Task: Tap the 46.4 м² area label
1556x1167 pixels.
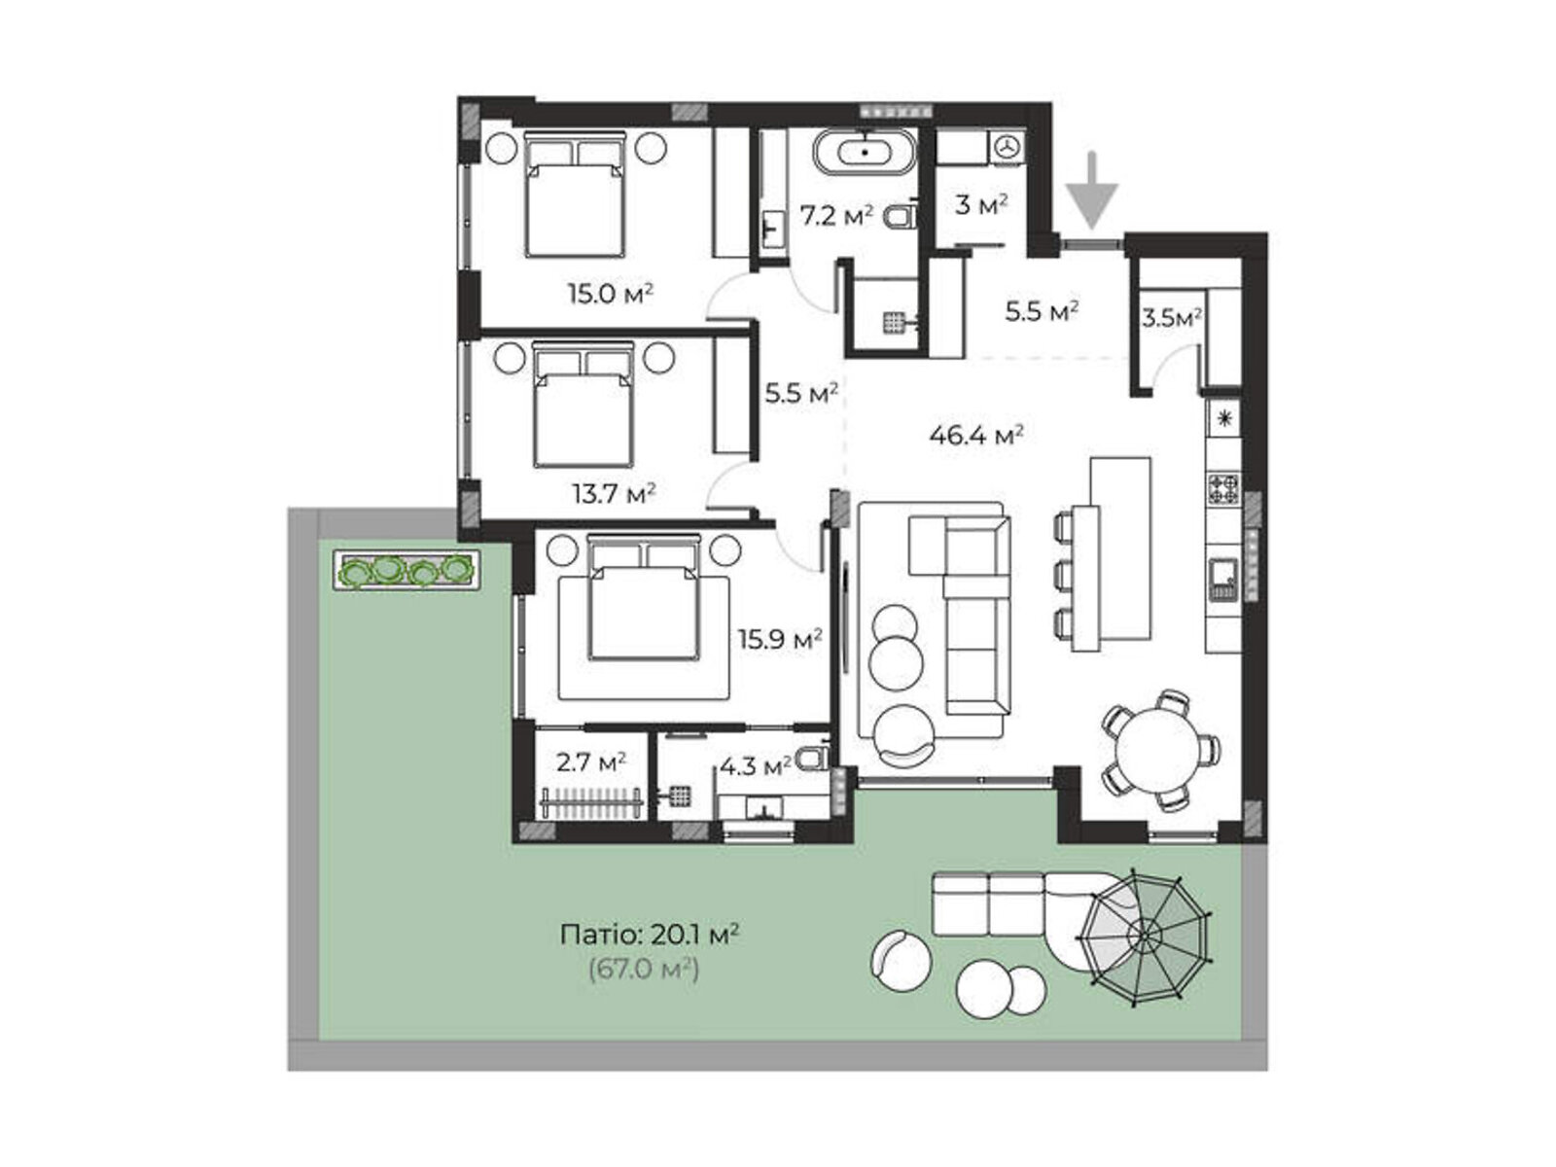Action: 975,435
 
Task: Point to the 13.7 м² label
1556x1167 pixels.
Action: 614,492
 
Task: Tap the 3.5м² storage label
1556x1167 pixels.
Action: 1171,318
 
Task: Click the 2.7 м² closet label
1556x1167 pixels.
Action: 590,762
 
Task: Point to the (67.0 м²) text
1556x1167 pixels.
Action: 644,969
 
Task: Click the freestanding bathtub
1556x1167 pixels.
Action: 865,152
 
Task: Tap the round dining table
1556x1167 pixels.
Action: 1157,749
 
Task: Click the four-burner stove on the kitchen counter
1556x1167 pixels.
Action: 1223,488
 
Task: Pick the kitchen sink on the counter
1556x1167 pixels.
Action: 1223,579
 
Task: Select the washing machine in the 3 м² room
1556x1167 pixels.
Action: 1006,148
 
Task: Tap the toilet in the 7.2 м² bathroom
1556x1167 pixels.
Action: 901,216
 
